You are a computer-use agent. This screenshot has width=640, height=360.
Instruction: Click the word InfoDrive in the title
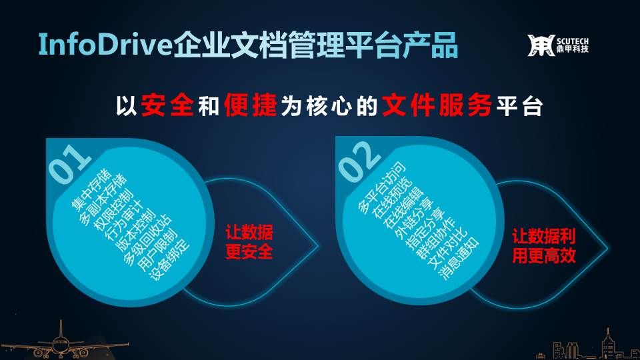pyautogui.click(x=105, y=45)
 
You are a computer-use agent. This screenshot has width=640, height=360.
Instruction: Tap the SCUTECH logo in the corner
pyautogui.click(x=558, y=45)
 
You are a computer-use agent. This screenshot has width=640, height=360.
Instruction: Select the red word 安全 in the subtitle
pyautogui.click(x=167, y=105)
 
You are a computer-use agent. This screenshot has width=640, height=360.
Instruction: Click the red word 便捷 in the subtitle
pyautogui.click(x=251, y=105)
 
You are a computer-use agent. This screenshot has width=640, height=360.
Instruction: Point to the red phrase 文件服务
pyautogui.click(x=437, y=105)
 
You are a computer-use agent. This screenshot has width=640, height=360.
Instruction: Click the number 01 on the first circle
pyautogui.click(x=69, y=163)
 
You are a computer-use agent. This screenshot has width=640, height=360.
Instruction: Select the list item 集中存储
pyautogui.click(x=91, y=190)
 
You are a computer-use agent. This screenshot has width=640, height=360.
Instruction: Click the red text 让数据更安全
pyautogui.click(x=249, y=243)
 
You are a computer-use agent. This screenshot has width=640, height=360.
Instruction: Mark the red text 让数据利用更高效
pyautogui.click(x=544, y=246)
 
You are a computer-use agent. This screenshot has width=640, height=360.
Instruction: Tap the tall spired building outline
pyautogui.click(x=608, y=345)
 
